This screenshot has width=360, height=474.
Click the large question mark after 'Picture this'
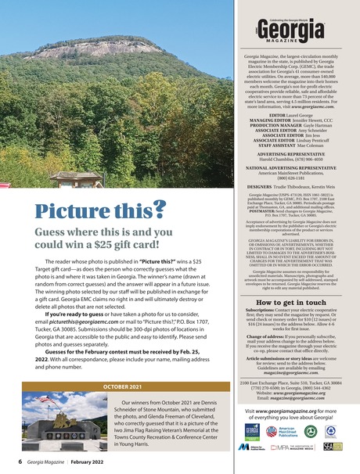click(x=158, y=209)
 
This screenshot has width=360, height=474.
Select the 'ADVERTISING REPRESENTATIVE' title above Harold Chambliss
click(x=296, y=155)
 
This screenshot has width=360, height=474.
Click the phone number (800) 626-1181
click(x=296, y=176)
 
